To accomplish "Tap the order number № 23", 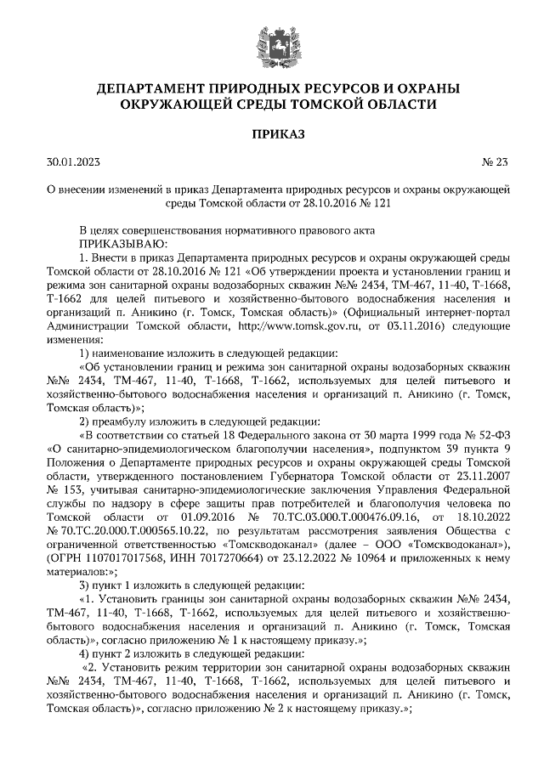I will pos(494,161).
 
